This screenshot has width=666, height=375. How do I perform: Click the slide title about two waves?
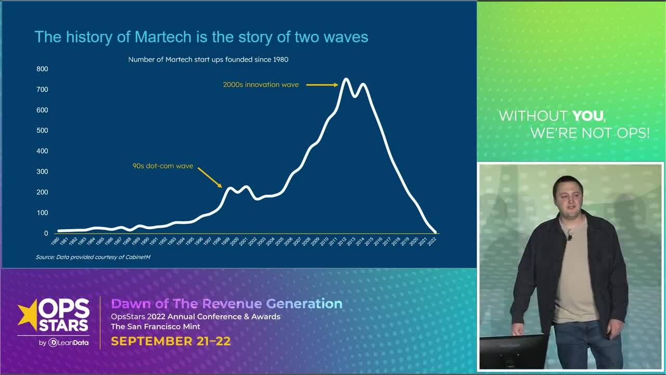(x=201, y=37)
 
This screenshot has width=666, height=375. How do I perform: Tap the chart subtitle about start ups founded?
(x=208, y=59)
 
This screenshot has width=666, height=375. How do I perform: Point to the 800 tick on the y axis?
(x=42, y=69)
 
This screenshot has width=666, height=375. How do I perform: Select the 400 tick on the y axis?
(x=42, y=151)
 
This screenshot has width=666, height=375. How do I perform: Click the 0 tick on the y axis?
(x=46, y=233)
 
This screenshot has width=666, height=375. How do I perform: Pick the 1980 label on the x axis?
(x=55, y=242)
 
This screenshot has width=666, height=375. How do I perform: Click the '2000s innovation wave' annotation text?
(x=261, y=84)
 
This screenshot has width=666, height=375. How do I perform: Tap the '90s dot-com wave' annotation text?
(x=163, y=166)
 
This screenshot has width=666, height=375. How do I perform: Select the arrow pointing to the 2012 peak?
(x=322, y=84)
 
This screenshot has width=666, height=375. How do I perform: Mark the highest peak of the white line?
(x=345, y=79)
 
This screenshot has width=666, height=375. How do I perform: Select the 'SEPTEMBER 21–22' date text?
(x=171, y=342)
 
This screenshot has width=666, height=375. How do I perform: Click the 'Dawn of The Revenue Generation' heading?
(x=227, y=304)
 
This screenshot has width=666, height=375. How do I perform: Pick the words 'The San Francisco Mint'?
(x=155, y=327)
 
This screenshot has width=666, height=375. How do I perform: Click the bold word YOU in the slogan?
(x=588, y=116)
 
